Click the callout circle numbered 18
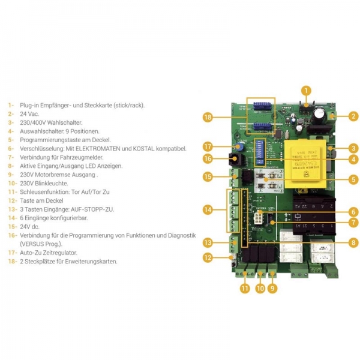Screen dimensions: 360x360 click(208, 117)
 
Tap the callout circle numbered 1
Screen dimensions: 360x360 click(307, 91)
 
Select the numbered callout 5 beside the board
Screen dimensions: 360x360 click(354, 178)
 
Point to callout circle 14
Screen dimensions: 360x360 click(208, 210)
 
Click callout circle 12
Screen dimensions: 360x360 click(208, 257)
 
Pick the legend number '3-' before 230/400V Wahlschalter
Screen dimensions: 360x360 click(10, 122)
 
